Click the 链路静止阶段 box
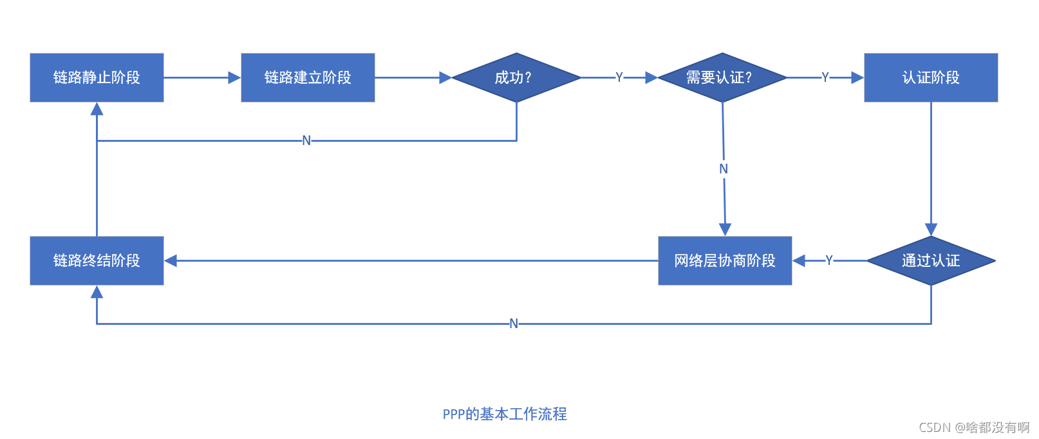[97, 77]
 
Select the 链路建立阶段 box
[308, 77]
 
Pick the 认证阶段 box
[931, 77]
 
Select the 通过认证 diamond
[931, 260]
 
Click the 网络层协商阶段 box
[725, 260]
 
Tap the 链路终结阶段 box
[97, 260]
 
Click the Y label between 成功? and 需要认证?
[619, 77]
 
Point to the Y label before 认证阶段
[825, 77]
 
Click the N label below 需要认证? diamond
[724, 169]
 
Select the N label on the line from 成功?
[306, 141]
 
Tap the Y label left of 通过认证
[829, 260]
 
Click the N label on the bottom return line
[514, 324]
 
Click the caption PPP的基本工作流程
[505, 414]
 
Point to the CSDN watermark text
[973, 427]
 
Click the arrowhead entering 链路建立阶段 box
[235, 77]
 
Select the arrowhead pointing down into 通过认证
[931, 229]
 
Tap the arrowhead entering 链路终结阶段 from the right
[171, 260]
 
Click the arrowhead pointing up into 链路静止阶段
[97, 108]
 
